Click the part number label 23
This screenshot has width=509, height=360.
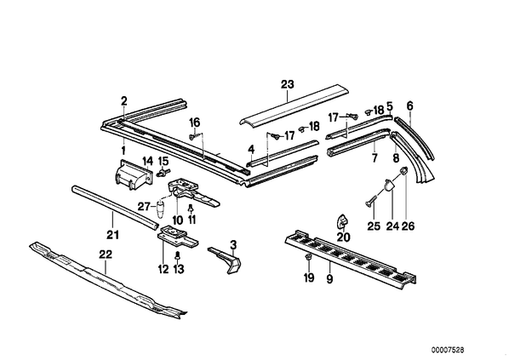[x=288, y=85]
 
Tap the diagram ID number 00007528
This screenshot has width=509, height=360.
[x=448, y=350]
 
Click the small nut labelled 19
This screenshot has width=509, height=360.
[x=308, y=258]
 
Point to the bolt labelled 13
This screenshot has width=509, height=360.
[x=177, y=256]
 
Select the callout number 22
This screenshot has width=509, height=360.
[x=106, y=254]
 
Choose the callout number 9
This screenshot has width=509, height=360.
[x=329, y=278]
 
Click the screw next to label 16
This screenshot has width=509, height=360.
[x=192, y=137]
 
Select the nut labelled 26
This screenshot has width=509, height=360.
[x=403, y=171]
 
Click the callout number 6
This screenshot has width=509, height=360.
[x=410, y=106]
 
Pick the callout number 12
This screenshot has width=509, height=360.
[x=163, y=269]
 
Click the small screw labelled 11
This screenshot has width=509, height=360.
[x=192, y=208]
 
